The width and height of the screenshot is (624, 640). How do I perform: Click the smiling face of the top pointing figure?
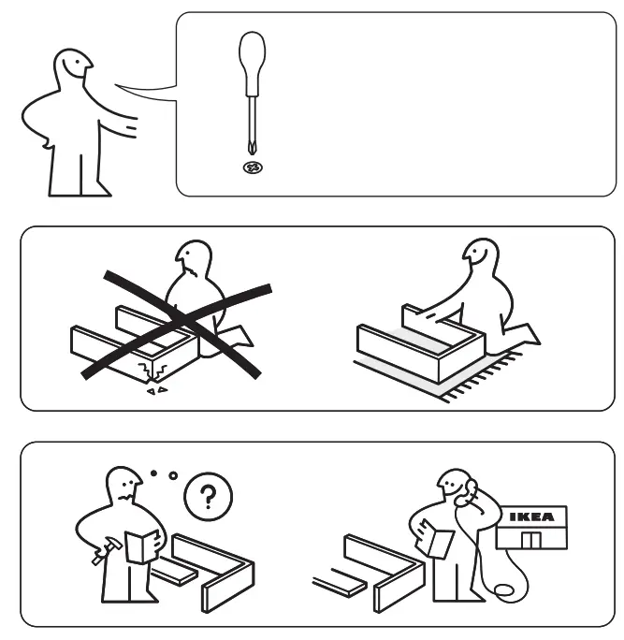coord(73,66)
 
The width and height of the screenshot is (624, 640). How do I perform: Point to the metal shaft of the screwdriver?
coord(249,126)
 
